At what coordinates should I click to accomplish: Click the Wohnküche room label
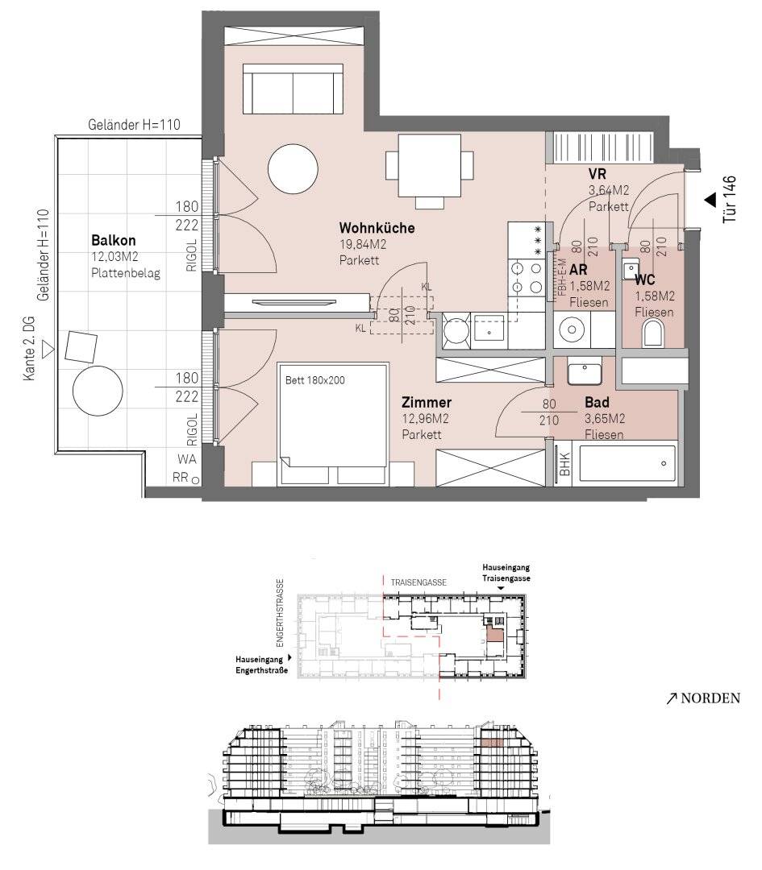pos(377,228)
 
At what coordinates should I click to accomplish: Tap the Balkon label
pos(114,240)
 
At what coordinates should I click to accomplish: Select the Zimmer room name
pos(426,402)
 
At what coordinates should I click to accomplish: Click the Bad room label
pos(597,402)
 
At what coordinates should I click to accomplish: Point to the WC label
pos(645,280)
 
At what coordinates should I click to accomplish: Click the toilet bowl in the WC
pos(653,335)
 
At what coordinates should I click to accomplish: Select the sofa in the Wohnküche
pos(293,89)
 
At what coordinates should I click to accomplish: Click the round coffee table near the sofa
pos(293,168)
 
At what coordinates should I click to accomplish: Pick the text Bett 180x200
pos(315,380)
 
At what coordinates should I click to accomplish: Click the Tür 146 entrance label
pos(729,199)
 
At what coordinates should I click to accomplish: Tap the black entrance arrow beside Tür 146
pos(710,201)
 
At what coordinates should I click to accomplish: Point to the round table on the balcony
pos(98,391)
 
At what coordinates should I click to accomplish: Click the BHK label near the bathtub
pos(564,464)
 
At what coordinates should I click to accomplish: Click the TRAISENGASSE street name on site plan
pos(418,582)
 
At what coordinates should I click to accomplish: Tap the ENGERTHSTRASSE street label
pos(280,613)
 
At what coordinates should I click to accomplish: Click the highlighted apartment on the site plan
pos(494,633)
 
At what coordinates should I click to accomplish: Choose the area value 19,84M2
pos(363,244)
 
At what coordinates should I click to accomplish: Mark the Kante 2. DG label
pos(29,349)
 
